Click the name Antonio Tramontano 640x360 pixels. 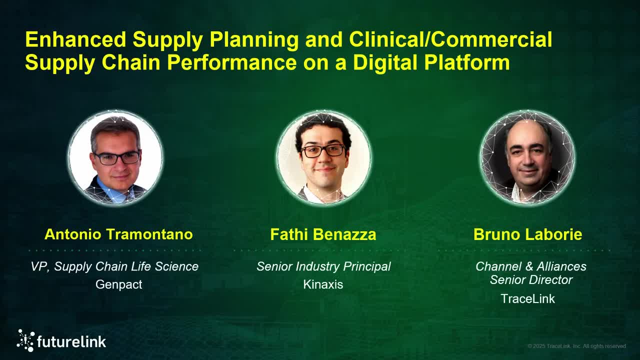click(118, 234)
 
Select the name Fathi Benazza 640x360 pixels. click(323, 234)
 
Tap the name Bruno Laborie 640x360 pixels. click(527, 234)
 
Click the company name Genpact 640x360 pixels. click(119, 284)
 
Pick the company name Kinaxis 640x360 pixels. click(323, 284)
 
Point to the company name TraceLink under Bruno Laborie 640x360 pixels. click(527, 299)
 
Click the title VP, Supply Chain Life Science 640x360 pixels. click(114, 266)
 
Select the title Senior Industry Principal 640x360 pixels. click(323, 266)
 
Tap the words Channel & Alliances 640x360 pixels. click(530, 266)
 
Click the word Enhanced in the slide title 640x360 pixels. click(75, 39)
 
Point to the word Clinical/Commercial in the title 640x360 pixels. click(450, 39)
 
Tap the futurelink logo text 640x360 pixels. click(71, 342)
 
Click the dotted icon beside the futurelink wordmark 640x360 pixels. click(25, 340)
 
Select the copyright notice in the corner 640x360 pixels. click(576, 346)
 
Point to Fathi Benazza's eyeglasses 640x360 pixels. click(323, 150)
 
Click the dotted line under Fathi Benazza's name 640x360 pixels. click(323, 250)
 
